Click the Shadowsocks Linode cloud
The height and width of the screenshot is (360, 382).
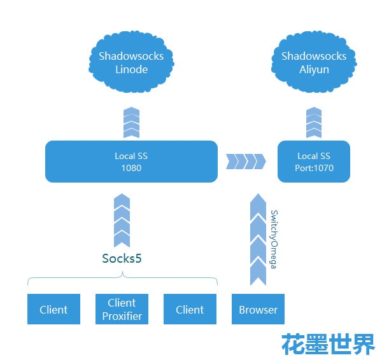131,62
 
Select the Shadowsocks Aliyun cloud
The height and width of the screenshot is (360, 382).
314,62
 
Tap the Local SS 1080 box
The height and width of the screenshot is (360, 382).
131,162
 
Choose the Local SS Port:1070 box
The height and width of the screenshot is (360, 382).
314,162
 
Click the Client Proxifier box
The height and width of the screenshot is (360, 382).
122,310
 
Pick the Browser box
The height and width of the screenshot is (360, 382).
258,310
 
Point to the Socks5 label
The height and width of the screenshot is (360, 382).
122,258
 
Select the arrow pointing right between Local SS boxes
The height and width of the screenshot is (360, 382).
246,162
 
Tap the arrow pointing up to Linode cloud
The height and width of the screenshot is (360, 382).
131,123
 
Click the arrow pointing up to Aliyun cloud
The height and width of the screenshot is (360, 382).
314,123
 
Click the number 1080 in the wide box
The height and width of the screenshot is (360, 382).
131,169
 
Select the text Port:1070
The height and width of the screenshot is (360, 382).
315,169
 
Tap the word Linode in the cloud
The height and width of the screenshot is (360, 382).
131,69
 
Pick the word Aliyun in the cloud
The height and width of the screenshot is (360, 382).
314,69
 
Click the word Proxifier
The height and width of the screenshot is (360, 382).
122,316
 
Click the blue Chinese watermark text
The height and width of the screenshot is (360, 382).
329,343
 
